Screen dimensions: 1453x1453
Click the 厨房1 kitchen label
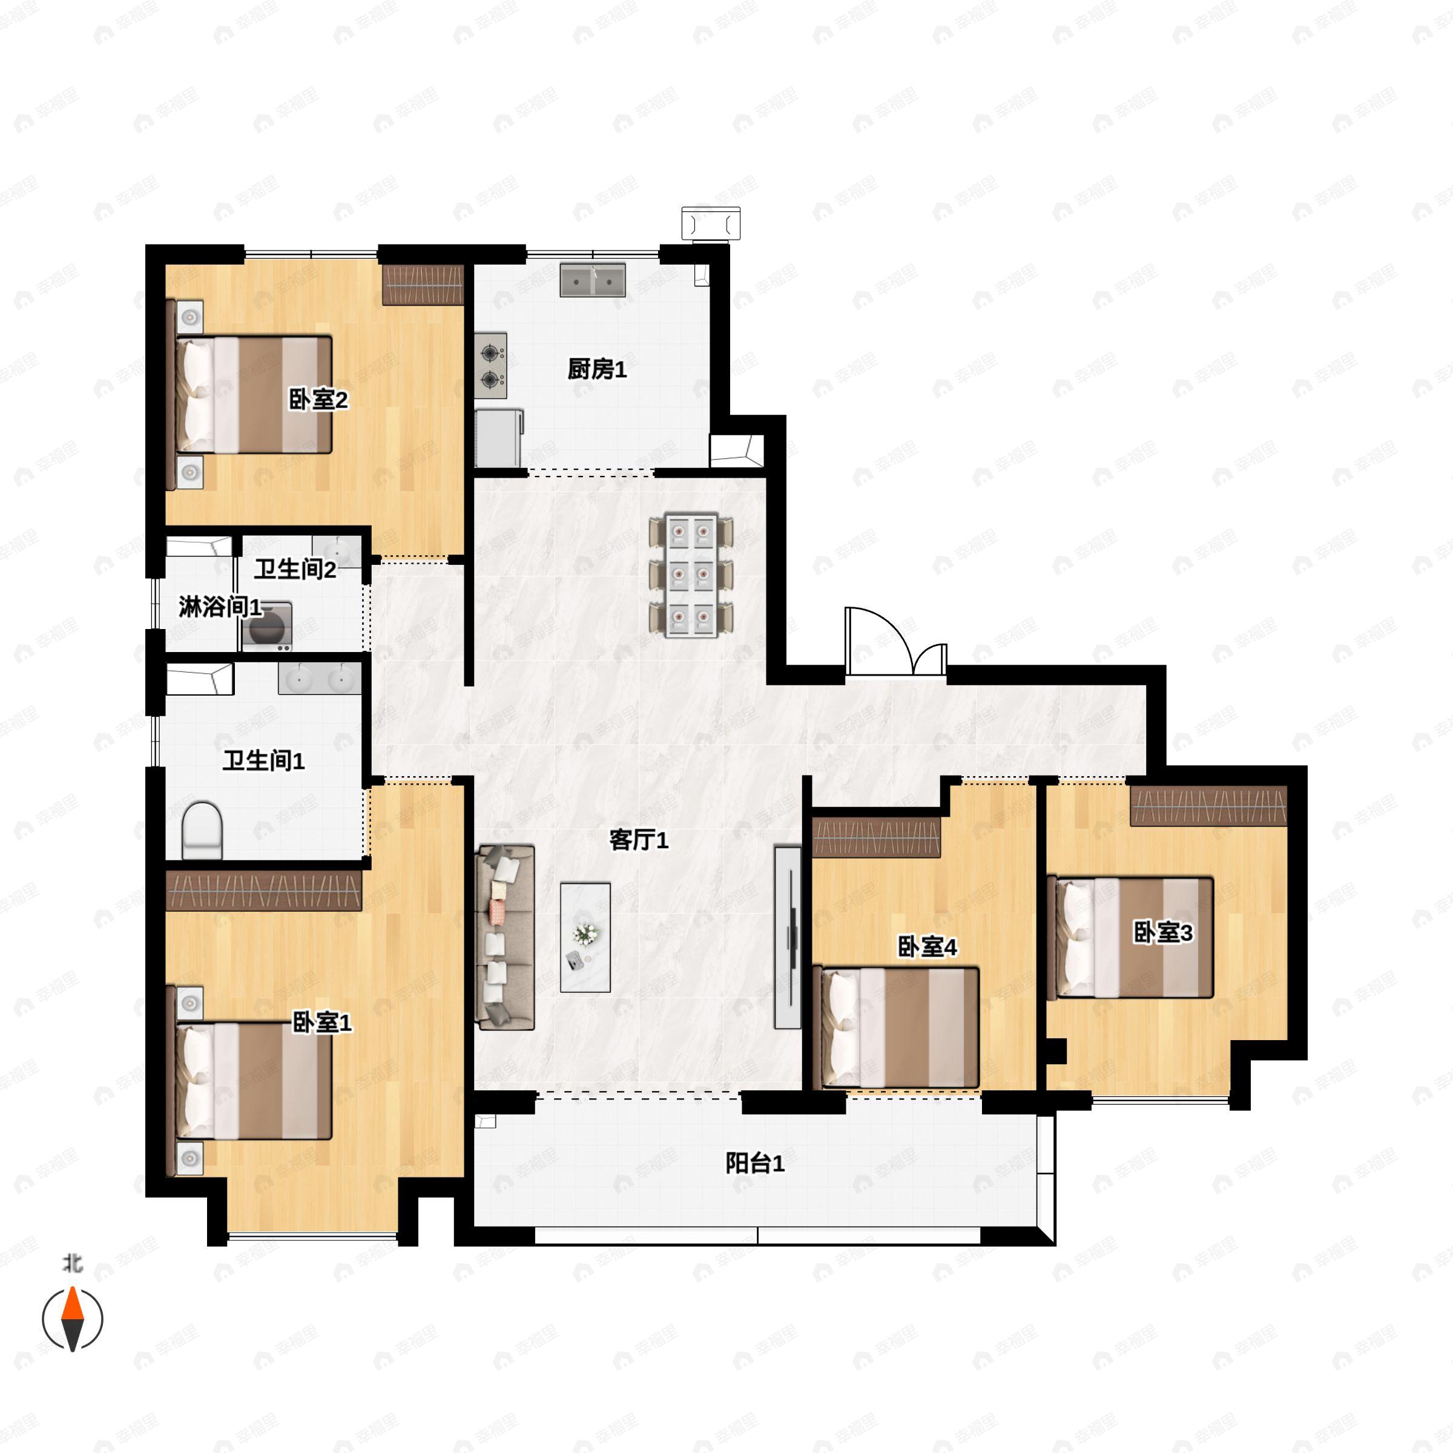(x=596, y=369)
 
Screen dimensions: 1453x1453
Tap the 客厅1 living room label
(x=639, y=840)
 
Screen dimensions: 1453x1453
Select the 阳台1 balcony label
(x=754, y=1164)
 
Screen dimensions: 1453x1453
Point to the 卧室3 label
(x=1162, y=932)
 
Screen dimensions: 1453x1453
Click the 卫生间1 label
(x=263, y=761)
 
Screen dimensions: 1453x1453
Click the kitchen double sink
(x=593, y=280)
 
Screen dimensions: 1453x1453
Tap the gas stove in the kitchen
(x=490, y=366)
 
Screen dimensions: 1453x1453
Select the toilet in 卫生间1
(x=202, y=829)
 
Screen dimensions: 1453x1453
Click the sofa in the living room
(x=506, y=937)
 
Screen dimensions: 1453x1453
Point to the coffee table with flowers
(x=585, y=937)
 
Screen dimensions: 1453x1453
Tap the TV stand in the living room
(x=788, y=937)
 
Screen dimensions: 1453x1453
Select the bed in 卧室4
(x=897, y=1027)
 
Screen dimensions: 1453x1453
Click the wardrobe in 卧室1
(x=263, y=891)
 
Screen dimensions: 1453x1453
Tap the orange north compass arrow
(x=72, y=1305)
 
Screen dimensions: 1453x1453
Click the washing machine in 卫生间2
(x=266, y=627)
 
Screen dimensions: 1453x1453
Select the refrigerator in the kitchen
(x=498, y=438)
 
